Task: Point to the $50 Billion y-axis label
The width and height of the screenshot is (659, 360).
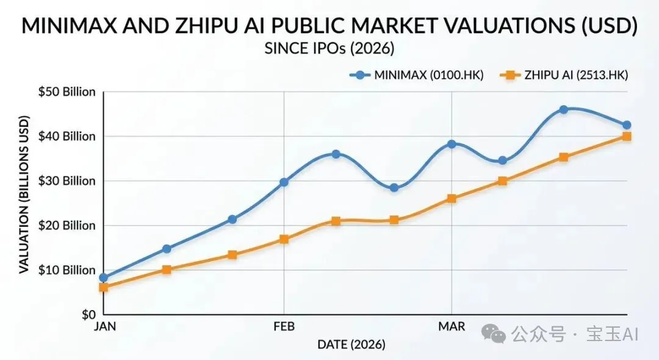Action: coord(67,92)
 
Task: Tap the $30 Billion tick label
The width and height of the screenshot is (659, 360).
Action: coord(67,181)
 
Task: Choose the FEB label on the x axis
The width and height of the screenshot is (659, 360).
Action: coord(284,326)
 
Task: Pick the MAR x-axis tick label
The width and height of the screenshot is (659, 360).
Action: coord(452,326)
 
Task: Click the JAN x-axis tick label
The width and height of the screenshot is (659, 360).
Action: coord(104,326)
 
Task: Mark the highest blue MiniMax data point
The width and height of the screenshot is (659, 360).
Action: coord(563,110)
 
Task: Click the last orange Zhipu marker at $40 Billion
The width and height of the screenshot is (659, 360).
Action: coord(627,136)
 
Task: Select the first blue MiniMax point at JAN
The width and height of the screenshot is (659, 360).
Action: coord(104,278)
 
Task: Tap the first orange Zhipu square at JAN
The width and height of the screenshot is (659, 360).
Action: coord(104,287)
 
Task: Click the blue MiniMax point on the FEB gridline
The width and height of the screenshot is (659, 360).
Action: coord(284,182)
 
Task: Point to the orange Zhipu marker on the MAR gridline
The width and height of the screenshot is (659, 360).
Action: coord(452,198)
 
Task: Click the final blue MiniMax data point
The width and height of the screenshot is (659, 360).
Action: coord(627,125)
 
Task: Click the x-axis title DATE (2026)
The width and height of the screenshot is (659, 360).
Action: coord(351,345)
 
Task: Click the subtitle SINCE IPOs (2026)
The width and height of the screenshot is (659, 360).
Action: coord(329,48)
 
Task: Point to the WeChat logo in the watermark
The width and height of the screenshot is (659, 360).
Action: coord(493,333)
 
